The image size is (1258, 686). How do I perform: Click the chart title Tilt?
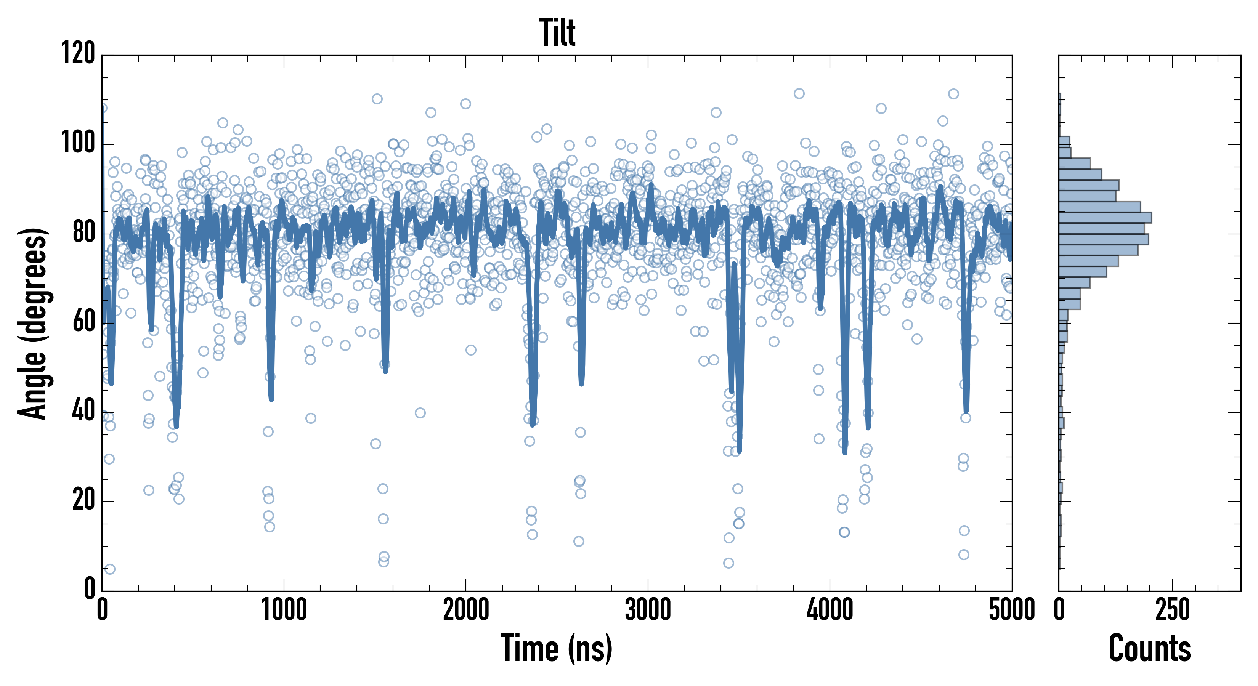[557, 33]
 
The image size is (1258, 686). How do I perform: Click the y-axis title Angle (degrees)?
[33, 323]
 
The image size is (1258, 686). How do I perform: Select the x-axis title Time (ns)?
[556, 648]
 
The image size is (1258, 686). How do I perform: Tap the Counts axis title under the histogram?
[1150, 648]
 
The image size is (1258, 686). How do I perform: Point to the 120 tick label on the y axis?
[78, 53]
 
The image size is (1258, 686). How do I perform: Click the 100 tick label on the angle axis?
[78, 143]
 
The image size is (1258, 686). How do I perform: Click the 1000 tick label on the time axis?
[284, 610]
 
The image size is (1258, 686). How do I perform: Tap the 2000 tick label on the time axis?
[466, 610]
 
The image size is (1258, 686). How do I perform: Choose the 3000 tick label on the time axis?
[648, 610]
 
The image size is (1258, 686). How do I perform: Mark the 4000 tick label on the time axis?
[830, 610]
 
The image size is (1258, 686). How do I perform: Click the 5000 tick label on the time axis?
[1011, 610]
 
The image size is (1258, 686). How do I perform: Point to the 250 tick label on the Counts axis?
[1172, 610]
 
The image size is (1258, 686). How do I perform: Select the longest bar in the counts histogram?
[1105, 217]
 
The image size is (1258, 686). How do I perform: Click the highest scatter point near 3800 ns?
[799, 93]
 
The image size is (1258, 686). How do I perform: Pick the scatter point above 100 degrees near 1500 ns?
[377, 99]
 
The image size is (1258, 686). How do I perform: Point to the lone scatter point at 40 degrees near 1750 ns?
[420, 413]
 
